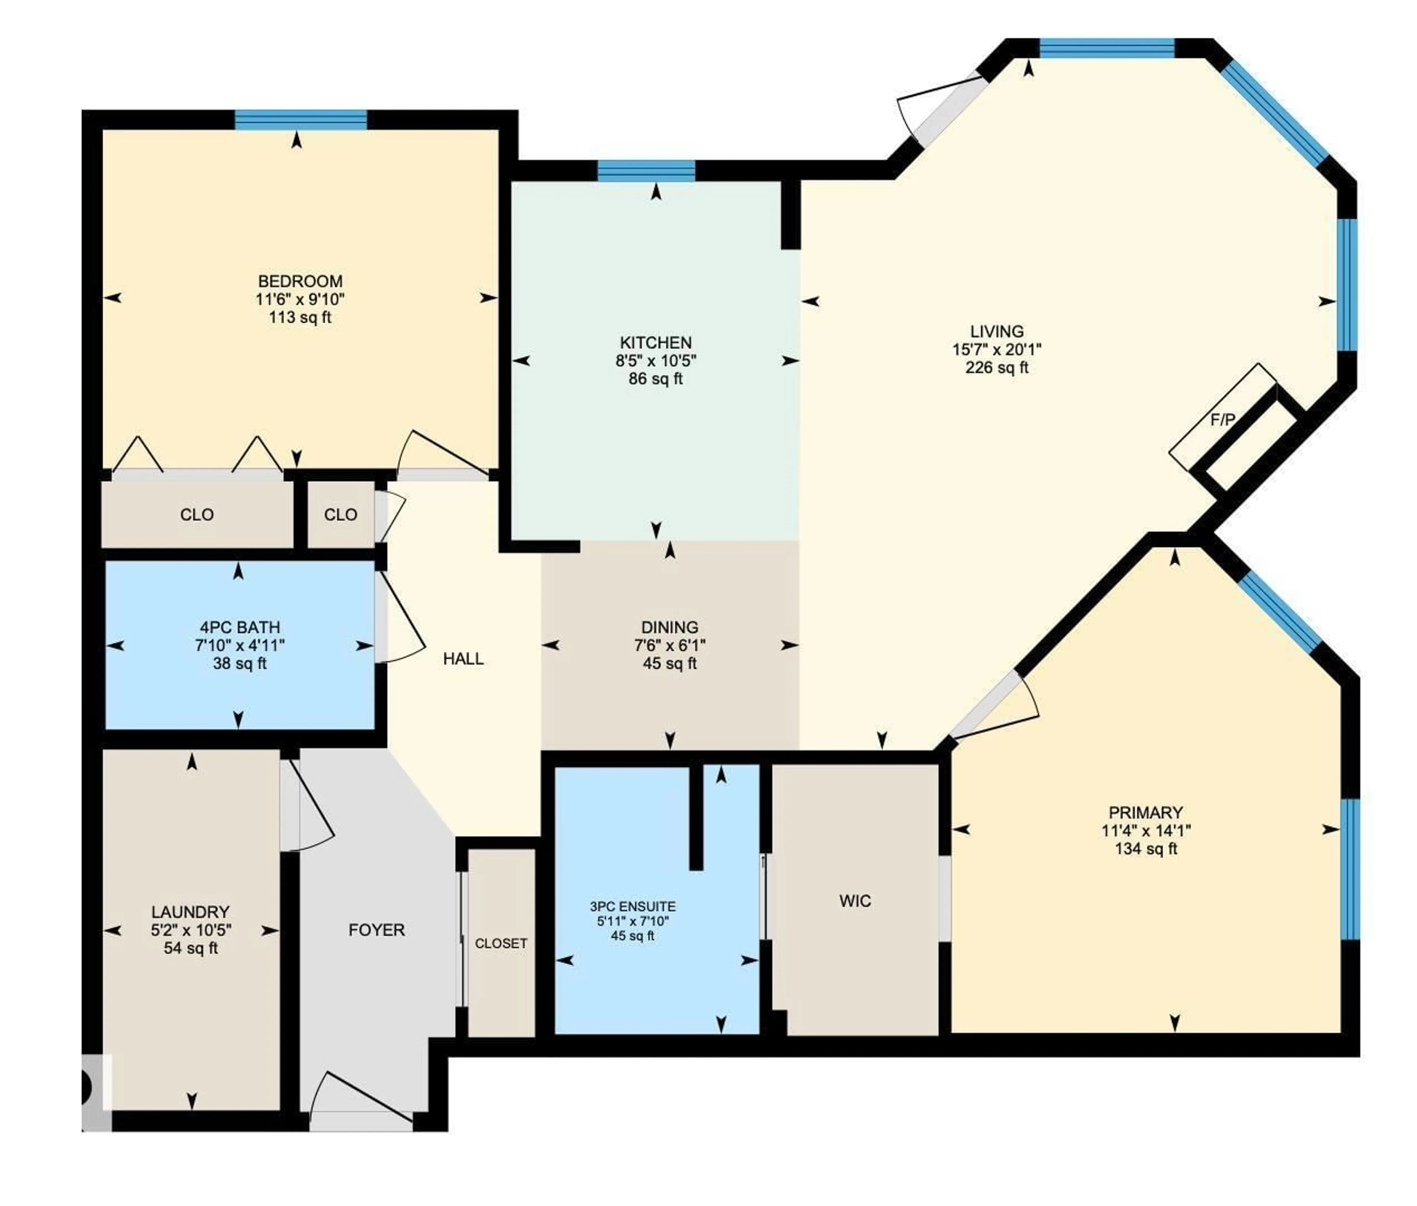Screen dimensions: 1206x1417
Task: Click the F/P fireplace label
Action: [1222, 420]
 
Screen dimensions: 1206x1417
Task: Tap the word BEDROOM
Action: [300, 281]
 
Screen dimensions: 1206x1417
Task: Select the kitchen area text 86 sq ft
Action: [655, 379]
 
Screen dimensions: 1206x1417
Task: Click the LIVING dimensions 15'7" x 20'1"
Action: [997, 349]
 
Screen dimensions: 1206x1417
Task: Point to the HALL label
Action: [463, 658]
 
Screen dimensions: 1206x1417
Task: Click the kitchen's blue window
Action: [647, 170]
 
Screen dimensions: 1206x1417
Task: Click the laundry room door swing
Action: [307, 807]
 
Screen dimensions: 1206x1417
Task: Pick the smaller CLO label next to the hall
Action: [340, 514]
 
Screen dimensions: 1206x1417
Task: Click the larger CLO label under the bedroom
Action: [197, 514]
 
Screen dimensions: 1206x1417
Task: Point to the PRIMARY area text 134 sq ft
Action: [1146, 849]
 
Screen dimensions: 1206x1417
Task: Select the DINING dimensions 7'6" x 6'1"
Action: [669, 645]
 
